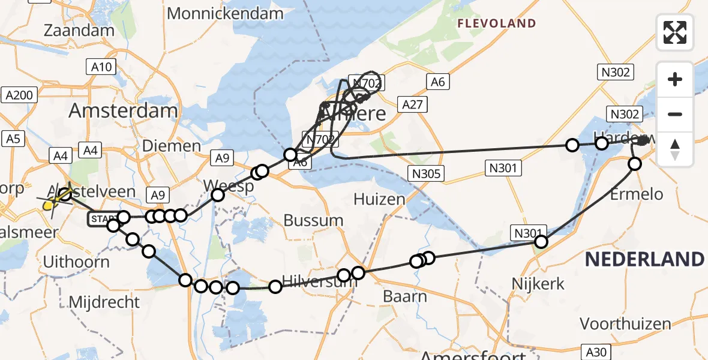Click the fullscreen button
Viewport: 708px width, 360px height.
pos(675,32)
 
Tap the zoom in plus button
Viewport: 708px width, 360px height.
pos(675,79)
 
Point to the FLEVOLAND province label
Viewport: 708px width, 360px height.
pos(496,24)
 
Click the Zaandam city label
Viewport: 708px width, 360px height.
pos(79,31)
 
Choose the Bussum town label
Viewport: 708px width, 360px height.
pos(313,220)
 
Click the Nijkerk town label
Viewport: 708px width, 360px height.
pos(539,283)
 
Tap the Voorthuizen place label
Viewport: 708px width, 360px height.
pos(625,324)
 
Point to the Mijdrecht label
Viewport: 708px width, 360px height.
pos(104,302)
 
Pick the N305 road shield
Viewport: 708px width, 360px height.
pos(427,174)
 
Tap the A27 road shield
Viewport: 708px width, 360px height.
pos(413,105)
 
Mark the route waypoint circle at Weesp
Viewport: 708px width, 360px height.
pos(217,194)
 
